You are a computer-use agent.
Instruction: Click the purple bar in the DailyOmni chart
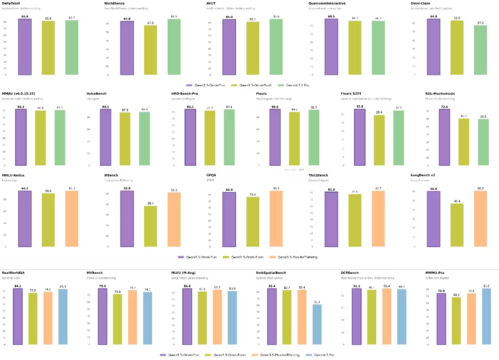(x=25, y=47)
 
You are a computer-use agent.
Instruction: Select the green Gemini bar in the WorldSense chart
(x=174, y=47)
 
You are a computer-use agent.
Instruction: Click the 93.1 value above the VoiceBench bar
(x=105, y=107)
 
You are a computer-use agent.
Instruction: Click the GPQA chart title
(x=211, y=175)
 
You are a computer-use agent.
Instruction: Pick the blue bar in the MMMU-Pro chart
(x=486, y=316)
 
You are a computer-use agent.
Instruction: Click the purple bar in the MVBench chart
(x=102, y=316)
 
